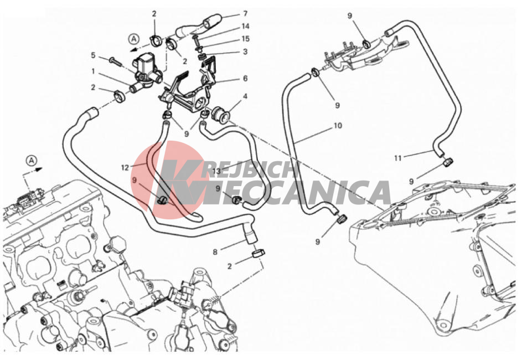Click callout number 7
tap(245, 14)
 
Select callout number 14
tap(245, 27)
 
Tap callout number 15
tap(245, 39)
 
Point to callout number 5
tap(93, 55)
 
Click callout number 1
tap(93, 71)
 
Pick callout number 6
tap(245, 79)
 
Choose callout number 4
tap(245, 96)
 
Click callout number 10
tap(338, 126)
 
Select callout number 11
tap(398, 158)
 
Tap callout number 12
tap(125, 168)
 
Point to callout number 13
tap(216, 172)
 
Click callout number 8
tap(215, 252)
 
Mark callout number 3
tap(245, 52)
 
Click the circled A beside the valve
tap(134, 39)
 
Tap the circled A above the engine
tap(32, 161)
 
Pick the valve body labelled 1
tap(144, 71)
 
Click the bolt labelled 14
tap(196, 42)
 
